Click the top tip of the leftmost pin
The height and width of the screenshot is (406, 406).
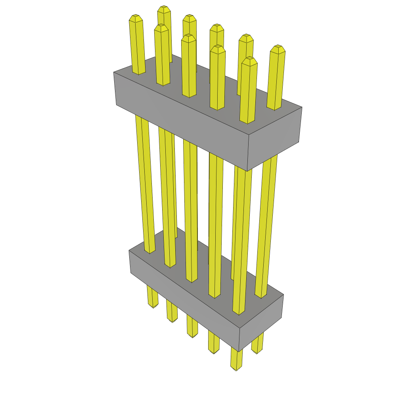click(136, 18)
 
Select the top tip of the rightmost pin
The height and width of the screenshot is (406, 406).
click(278, 49)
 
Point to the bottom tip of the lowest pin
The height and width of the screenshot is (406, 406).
click(236, 369)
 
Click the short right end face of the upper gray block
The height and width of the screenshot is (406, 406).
click(274, 139)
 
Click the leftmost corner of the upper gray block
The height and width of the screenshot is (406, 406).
click(114, 73)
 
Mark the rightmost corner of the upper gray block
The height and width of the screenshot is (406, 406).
click(302, 107)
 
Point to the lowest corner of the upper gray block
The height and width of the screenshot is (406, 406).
click(247, 171)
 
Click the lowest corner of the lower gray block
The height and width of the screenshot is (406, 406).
click(239, 351)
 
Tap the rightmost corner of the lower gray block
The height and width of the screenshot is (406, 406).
click(283, 295)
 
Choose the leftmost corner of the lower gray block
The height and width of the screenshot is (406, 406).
click(129, 251)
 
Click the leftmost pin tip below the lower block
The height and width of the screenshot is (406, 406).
click(153, 306)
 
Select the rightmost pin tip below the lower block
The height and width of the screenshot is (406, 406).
click(257, 352)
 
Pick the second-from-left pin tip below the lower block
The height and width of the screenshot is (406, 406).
click(172, 320)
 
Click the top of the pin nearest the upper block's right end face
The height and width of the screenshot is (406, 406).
click(249, 61)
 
